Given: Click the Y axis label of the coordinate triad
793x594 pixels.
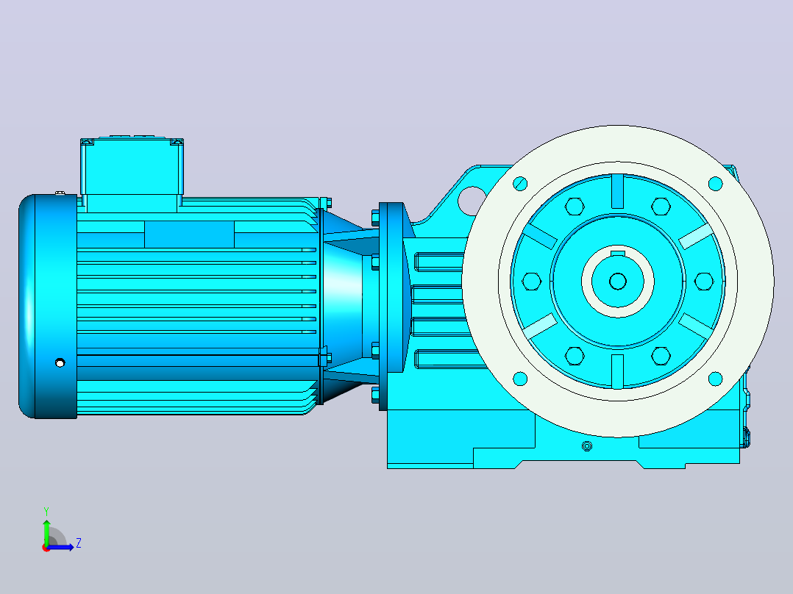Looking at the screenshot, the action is pos(46,511).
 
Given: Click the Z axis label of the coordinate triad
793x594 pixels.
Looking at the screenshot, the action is pos(79,543).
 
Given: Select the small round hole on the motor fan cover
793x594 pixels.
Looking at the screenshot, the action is pos(60,362).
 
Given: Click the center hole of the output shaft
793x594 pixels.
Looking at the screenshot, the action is pos(617,281).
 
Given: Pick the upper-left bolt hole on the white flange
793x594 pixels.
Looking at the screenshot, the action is pos(520,184).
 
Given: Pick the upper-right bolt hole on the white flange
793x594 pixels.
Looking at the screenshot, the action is pos(715,184).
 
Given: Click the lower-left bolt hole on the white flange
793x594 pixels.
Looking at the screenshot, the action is pos(520,378).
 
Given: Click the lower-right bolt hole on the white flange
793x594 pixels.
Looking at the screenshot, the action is pos(715,378).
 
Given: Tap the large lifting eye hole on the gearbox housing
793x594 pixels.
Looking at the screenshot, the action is pos(471,200).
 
